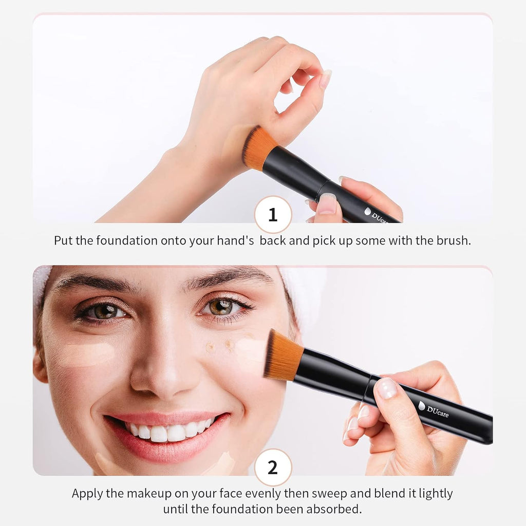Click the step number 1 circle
click(273, 215)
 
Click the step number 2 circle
click(273, 467)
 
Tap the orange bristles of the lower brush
click(283, 355)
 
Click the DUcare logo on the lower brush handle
click(434, 410)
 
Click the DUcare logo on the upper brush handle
click(375, 215)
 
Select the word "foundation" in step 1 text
click(127, 240)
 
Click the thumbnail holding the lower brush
click(386, 388)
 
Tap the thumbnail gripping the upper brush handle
click(327, 203)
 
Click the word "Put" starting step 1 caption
click(63, 240)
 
